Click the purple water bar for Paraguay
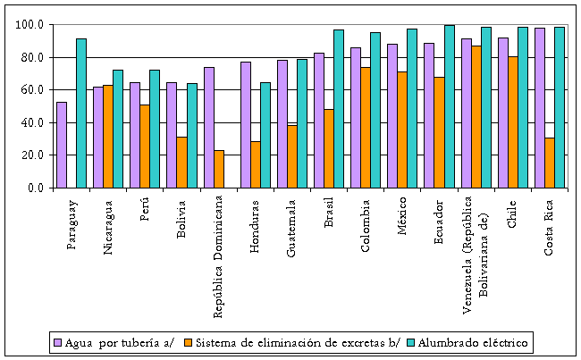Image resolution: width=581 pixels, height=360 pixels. (61, 145)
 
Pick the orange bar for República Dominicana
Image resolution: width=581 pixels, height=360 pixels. (219, 169)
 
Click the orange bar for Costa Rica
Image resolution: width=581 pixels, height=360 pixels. (549, 163)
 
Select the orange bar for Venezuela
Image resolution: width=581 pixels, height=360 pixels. (476, 116)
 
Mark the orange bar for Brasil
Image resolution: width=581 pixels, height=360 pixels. (329, 148)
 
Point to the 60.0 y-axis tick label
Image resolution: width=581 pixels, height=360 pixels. (33, 90)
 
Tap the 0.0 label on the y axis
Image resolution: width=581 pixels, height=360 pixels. (37, 188)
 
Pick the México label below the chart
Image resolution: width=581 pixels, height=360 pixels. (402, 220)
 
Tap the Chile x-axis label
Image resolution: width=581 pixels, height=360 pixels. (512, 213)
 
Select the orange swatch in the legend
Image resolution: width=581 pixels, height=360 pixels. (188, 342)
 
